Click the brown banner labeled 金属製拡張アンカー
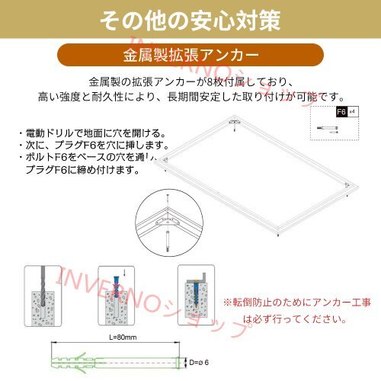[x=190, y=56]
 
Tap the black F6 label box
[x=341, y=111]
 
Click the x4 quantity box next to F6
[x=353, y=111]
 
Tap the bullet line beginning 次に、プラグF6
[x=91, y=145]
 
